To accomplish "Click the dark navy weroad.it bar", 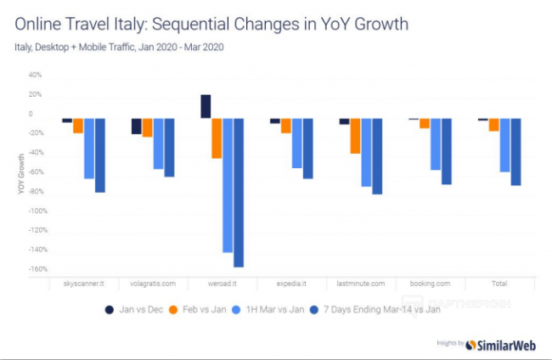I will [x=206, y=106].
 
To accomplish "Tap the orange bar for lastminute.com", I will [x=355, y=136].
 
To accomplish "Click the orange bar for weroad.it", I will [x=217, y=138].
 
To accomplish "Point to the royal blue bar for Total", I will [x=515, y=152].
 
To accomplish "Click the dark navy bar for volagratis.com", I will [x=136, y=126].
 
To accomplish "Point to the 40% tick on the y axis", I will [x=36, y=75].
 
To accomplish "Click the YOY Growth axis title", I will [x=20, y=174].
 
